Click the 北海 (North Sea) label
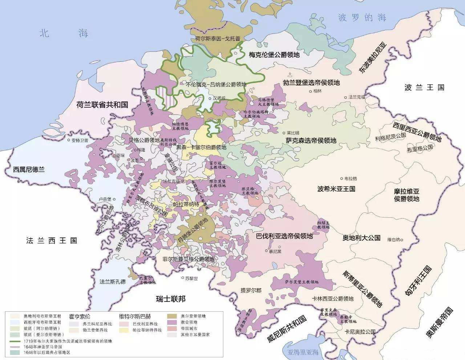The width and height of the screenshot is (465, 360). [64, 33]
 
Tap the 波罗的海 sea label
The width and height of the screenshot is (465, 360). [362, 17]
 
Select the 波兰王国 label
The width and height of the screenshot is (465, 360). [424, 87]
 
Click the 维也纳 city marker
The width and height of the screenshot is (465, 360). [402, 240]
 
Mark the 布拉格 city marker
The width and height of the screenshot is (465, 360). [341, 179]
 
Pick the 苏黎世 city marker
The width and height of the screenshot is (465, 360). [183, 278]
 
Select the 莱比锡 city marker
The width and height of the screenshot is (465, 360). [284, 133]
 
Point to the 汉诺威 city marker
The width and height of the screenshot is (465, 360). [210, 98]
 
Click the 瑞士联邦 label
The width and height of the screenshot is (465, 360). [171, 299]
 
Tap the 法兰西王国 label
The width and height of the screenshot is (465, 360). [52, 240]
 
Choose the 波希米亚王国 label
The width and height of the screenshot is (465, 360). [336, 189]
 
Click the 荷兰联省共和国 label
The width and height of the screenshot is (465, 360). [102, 105]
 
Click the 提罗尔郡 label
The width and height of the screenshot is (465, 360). [251, 290]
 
